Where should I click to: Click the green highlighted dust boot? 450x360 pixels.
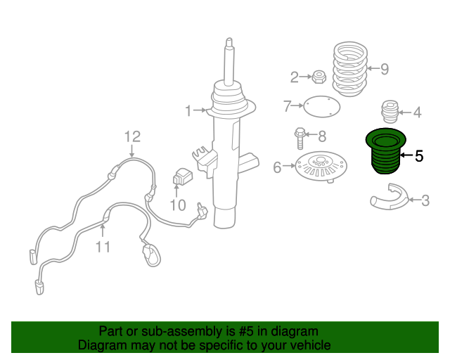coord(386,151)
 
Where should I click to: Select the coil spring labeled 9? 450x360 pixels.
coord(350,69)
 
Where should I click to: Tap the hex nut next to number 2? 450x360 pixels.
coord(319,77)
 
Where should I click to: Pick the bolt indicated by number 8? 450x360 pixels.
coord(300,138)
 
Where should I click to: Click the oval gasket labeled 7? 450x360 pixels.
coord(322,107)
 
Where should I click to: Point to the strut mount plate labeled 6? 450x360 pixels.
coord(321,167)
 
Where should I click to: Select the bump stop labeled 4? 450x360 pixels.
coord(390,112)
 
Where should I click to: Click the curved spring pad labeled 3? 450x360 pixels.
coord(390,197)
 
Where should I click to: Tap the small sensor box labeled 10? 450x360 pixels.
coord(183,176)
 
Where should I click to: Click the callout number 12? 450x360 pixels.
coord(133,136)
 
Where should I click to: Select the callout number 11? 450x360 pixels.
coord(103,247)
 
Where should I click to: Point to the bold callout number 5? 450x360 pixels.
coord(419,156)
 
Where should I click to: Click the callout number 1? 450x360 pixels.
coord(188,111)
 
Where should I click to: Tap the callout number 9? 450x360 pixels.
coord(385,69)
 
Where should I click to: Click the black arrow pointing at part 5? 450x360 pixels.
coord(406,155)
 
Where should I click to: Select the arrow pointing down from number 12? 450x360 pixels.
coord(132,151)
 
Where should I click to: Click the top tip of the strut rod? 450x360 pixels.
coord(229,38)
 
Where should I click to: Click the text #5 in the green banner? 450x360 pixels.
coord(246,331)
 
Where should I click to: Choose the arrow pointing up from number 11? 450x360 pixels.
coord(103,231)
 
